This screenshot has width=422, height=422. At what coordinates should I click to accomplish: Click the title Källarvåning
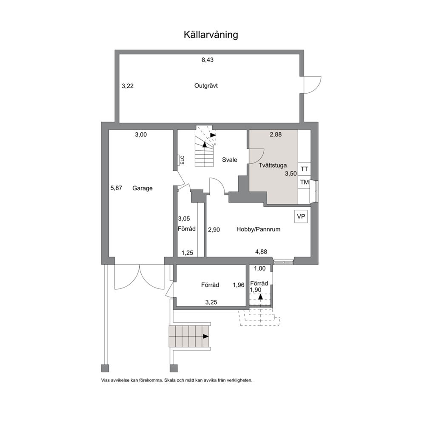pyautogui.click(x=211, y=35)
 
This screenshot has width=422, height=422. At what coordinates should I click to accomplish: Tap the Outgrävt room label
pyautogui.click(x=206, y=86)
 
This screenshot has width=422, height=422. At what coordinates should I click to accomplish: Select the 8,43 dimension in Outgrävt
pyautogui.click(x=208, y=60)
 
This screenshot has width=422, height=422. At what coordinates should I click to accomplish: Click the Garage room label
pyautogui.click(x=143, y=188)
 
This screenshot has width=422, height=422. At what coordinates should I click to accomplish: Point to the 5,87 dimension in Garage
pyautogui.click(x=116, y=188)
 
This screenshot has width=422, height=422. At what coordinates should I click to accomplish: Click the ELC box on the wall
pyautogui.click(x=179, y=160)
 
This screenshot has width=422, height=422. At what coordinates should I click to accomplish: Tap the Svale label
pyautogui.click(x=230, y=160)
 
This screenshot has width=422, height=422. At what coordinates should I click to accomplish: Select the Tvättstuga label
pyautogui.click(x=273, y=165)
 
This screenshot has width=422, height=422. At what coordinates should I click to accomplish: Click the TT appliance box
pyautogui.click(x=304, y=169)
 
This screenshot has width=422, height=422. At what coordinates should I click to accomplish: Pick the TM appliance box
pyautogui.click(x=305, y=182)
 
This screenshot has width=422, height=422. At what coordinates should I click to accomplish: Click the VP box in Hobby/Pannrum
pyautogui.click(x=301, y=217)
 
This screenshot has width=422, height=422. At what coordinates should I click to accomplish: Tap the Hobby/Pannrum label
pyautogui.click(x=258, y=229)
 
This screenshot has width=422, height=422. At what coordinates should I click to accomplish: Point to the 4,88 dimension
pyautogui.click(x=261, y=252)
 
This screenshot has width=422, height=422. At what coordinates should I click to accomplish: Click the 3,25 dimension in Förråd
pyautogui.click(x=211, y=302)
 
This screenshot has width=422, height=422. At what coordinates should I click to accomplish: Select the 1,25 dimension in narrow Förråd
pyautogui.click(x=187, y=253)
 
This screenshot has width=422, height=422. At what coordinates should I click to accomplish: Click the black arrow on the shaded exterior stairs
pyautogui.click(x=205, y=336)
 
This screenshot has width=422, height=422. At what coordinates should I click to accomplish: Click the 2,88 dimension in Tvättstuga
pyautogui.click(x=276, y=134)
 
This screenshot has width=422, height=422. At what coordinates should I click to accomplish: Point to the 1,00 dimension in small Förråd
pyautogui.click(x=260, y=268)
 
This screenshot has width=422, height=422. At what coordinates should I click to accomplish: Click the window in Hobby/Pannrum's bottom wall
pyautogui.click(x=283, y=261)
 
